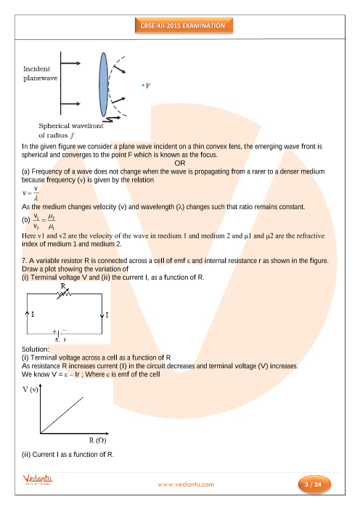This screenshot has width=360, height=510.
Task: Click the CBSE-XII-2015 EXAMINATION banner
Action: click(x=184, y=25)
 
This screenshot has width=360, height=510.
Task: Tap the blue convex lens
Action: click(x=103, y=84)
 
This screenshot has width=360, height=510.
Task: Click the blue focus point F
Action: click(x=143, y=86)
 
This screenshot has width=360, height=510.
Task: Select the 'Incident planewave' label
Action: click(x=41, y=73)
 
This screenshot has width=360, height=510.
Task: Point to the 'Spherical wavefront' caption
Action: click(x=71, y=126)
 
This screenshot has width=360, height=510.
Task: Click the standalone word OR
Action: click(x=180, y=163)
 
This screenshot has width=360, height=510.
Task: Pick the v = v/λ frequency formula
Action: click(x=30, y=193)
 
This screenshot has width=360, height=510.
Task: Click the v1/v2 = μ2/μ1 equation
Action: click(x=44, y=222)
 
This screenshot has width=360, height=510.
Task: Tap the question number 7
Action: click(x=25, y=261)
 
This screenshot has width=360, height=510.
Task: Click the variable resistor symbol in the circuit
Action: click(x=64, y=294)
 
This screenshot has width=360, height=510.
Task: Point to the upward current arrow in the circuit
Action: click(x=28, y=314)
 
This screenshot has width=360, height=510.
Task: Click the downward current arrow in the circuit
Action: click(x=102, y=315)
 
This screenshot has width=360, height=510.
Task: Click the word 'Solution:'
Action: click(x=36, y=349)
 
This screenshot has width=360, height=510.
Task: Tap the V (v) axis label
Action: click(x=30, y=389)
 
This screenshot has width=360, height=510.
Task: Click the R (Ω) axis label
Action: click(x=97, y=440)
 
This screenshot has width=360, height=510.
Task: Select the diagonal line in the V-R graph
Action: click(x=62, y=415)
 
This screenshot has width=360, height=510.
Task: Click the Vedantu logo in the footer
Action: click(x=37, y=479)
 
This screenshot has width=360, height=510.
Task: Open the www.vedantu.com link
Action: click(x=186, y=485)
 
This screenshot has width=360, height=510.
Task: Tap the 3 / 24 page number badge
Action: click(x=314, y=485)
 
